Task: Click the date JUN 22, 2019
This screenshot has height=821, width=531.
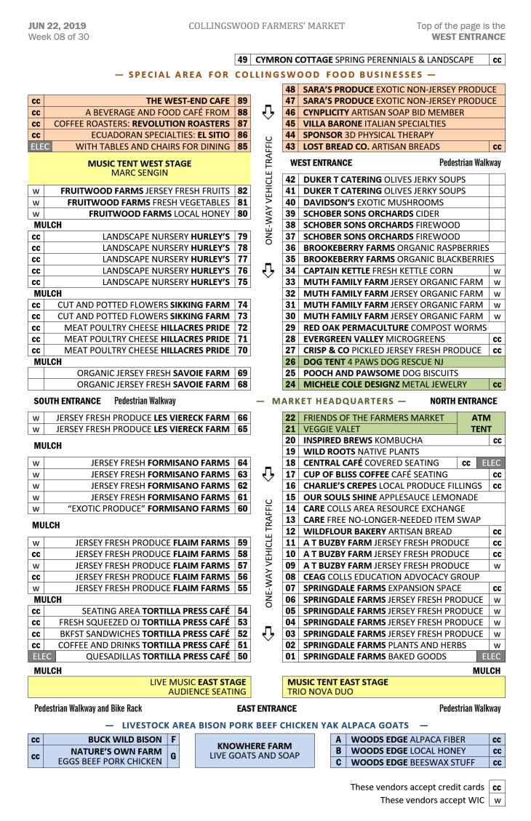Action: tap(57, 26)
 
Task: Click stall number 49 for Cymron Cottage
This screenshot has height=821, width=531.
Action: tap(243, 60)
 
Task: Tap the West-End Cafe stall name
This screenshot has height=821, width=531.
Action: tap(188, 101)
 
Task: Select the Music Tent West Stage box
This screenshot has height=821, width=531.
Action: tap(139, 169)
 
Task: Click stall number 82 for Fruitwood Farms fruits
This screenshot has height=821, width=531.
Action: tap(243, 191)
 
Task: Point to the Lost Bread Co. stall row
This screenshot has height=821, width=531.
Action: tap(393, 146)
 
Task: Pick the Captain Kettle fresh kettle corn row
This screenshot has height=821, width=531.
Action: tap(393, 271)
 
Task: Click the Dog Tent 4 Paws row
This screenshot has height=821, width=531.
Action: tap(393, 361)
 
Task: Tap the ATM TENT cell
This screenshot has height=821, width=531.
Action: tap(481, 424)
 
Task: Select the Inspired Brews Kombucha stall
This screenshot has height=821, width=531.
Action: tap(393, 441)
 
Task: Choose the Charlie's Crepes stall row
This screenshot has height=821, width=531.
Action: tap(393, 486)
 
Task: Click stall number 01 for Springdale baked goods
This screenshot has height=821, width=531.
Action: tap(290, 656)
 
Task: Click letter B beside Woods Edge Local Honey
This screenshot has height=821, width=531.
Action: tap(338, 751)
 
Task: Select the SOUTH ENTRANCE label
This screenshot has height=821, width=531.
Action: tap(67, 401)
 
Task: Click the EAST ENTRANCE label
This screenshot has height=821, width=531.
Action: tap(266, 708)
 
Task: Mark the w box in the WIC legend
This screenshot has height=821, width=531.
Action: tap(497, 801)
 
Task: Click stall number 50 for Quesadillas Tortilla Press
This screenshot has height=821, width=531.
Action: tap(243, 656)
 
